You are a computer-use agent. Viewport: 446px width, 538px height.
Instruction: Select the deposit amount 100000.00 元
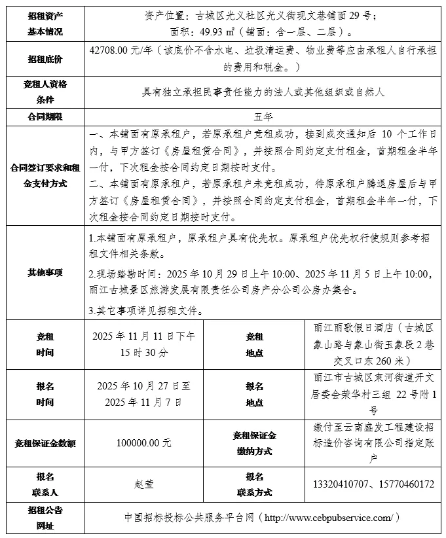tap(144, 443)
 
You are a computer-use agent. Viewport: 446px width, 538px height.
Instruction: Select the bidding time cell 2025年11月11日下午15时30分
tap(144, 344)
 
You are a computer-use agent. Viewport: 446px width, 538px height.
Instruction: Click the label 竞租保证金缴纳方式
tap(254, 443)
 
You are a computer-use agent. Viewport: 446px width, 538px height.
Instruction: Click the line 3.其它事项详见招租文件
tap(150, 310)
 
